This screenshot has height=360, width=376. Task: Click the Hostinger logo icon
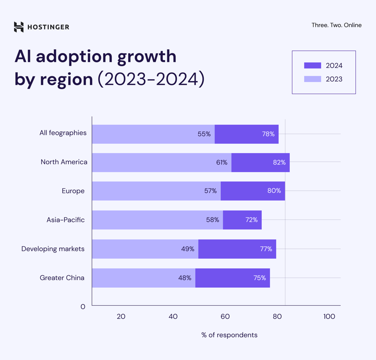[x=19, y=27]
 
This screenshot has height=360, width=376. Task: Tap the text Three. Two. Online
[x=336, y=25]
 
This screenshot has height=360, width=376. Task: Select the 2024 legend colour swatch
[x=312, y=66]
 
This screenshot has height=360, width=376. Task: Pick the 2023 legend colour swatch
[x=312, y=79]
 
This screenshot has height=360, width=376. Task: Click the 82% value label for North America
[x=279, y=162]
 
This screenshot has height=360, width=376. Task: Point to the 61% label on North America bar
[x=222, y=162]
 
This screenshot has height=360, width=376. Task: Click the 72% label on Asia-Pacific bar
[x=251, y=220]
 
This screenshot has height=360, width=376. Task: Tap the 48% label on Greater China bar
[x=185, y=278]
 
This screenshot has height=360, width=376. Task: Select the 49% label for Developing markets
[x=188, y=249]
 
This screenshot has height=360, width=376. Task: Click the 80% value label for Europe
[x=274, y=191]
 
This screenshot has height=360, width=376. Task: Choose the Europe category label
[x=73, y=191]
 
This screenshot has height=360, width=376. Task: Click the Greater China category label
[x=62, y=278]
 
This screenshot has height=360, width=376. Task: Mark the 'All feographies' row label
[x=63, y=133]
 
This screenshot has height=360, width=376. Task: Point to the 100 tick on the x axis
[x=329, y=316]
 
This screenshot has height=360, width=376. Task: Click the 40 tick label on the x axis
[x=173, y=316]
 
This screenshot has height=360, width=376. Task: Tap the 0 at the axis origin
[x=83, y=307]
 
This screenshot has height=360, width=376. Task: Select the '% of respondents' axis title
[x=229, y=335]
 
